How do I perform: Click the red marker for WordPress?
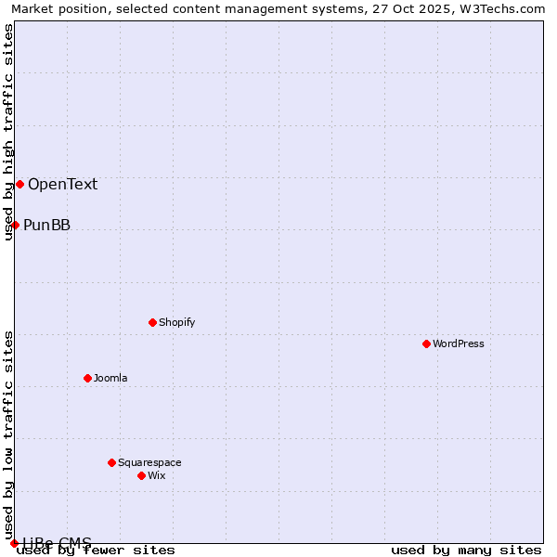click(x=426, y=343)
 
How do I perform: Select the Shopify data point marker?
click(x=152, y=322)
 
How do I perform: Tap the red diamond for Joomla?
click(x=87, y=378)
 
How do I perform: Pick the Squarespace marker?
click(x=111, y=462)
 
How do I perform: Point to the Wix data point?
click(x=141, y=475)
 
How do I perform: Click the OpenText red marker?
click(x=19, y=184)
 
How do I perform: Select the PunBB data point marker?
click(x=15, y=225)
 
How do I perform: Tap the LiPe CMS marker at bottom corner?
click(x=14, y=543)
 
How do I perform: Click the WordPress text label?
click(x=459, y=343)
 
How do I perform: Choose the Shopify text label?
click(x=176, y=322)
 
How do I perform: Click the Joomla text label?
click(x=110, y=378)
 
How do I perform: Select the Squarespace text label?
click(x=149, y=462)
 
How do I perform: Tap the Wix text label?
click(x=156, y=475)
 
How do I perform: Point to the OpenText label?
click(x=62, y=184)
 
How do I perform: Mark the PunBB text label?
click(x=46, y=225)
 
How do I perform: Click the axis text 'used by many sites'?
click(x=466, y=551)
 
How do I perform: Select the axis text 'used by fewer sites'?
click(x=97, y=551)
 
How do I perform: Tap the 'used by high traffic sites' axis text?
click(x=8, y=132)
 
